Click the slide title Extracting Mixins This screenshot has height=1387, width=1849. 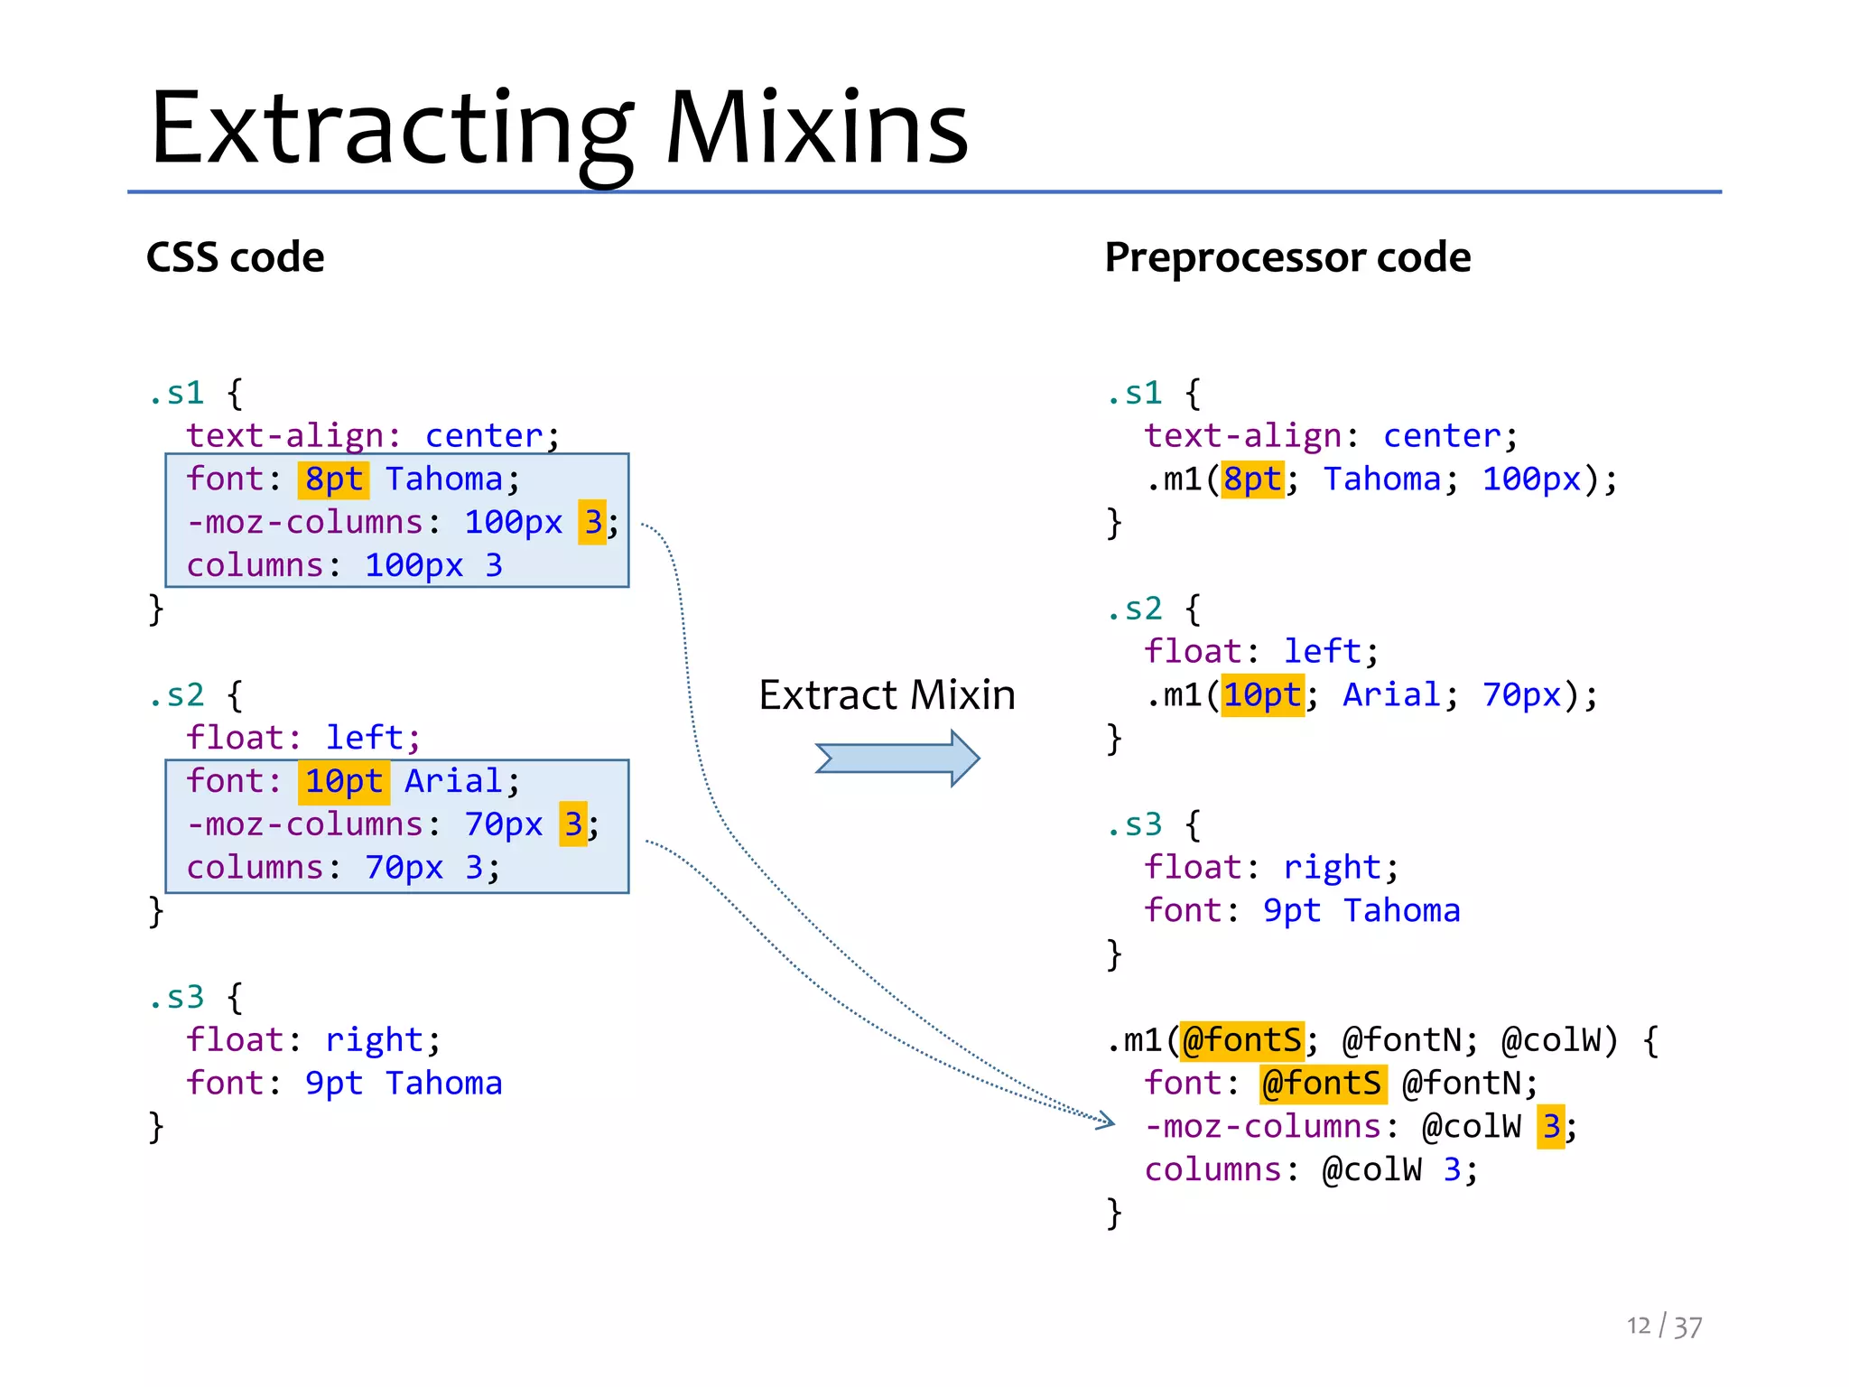click(560, 128)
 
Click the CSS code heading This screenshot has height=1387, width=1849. click(235, 257)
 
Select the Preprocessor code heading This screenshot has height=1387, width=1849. click(1287, 257)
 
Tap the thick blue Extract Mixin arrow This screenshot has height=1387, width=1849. click(897, 759)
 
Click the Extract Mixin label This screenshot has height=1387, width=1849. click(887, 695)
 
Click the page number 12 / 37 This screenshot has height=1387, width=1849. click(1664, 1326)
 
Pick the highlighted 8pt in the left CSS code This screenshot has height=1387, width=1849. click(333, 479)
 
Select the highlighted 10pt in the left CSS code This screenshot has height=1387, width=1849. click(343, 782)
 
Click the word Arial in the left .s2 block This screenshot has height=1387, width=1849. click(452, 782)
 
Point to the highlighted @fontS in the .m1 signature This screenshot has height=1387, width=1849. click(1241, 1040)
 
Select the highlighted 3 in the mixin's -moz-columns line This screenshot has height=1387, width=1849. click(1551, 1127)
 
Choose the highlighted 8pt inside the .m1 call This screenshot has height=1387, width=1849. click(1252, 479)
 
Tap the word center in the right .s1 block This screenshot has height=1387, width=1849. click(1442, 436)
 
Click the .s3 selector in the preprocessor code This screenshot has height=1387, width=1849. click(1135, 824)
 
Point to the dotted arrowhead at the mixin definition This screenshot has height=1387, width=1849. click(1106, 1122)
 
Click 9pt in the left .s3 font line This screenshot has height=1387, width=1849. click(333, 1084)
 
